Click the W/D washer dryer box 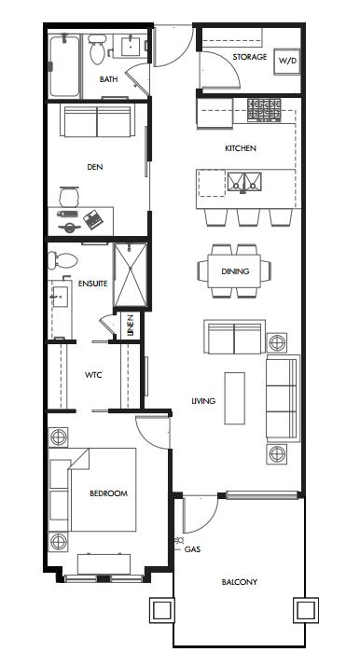(287, 62)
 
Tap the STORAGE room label (249, 57)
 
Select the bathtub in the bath (64, 66)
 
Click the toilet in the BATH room (97, 49)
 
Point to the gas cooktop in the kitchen (264, 110)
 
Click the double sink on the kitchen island (244, 182)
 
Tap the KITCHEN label (241, 148)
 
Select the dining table (234, 271)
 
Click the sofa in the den (97, 120)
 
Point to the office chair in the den (69, 197)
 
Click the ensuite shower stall (131, 275)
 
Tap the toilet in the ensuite (62, 261)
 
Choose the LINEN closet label (131, 326)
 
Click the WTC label (93, 375)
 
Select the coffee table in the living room (234, 398)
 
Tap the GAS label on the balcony (192, 549)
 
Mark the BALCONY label (240, 582)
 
